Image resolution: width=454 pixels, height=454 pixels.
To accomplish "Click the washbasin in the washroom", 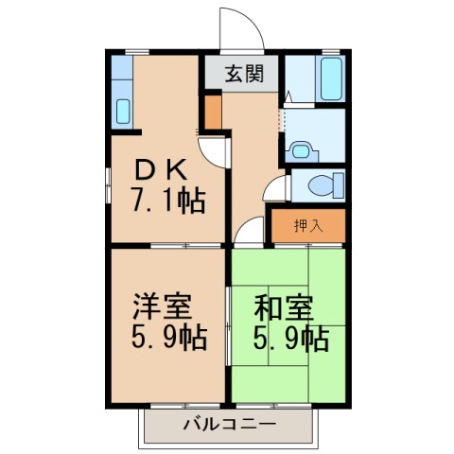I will click(x=301, y=148).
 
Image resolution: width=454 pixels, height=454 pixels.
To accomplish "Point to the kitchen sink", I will click(x=122, y=108).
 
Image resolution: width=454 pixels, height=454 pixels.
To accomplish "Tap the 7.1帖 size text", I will click(x=166, y=201).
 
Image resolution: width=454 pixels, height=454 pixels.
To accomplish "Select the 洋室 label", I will click(x=163, y=307).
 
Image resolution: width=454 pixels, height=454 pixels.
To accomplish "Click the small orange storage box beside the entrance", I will click(x=213, y=113).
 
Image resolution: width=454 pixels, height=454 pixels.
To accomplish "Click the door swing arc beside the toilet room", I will click(x=275, y=187).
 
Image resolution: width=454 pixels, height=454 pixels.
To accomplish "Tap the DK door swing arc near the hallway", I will click(x=215, y=151).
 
